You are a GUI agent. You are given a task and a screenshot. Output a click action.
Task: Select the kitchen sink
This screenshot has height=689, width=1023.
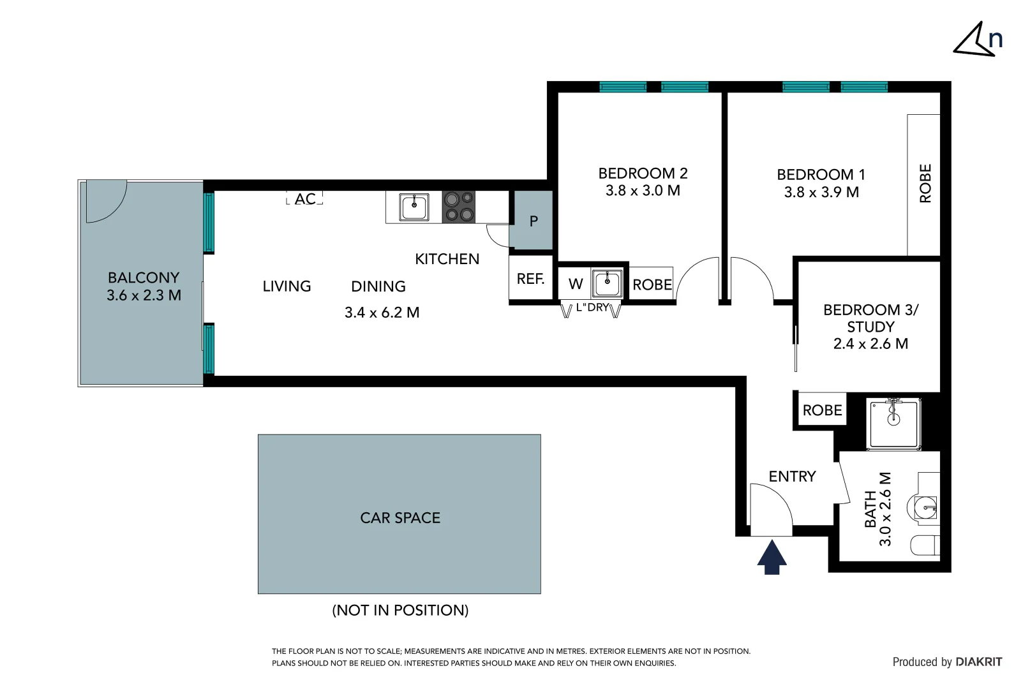point(414,207)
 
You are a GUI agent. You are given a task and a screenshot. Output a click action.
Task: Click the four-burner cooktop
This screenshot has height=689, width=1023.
point(459,207)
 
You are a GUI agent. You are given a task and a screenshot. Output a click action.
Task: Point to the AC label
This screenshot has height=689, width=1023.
point(305,198)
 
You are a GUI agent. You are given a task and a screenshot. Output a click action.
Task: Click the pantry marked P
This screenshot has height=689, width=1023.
point(533,221)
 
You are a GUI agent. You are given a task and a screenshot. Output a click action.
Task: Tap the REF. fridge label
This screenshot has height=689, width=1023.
point(530,279)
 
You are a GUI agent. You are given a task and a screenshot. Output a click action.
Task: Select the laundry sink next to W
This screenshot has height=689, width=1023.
point(607,283)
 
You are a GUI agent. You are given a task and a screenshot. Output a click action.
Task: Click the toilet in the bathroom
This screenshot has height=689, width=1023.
point(926,545)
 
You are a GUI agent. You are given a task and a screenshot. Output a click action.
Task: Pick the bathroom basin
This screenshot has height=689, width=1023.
point(926,508)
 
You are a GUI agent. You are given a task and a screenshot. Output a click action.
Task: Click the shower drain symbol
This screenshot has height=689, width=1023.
point(893,419)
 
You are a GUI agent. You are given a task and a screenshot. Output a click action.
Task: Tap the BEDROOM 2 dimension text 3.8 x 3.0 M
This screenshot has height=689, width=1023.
point(643,190)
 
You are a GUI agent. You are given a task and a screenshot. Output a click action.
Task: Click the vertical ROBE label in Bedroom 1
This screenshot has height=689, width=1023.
point(925,184)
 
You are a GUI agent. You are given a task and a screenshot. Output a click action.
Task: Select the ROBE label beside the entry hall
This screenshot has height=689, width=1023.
point(822,410)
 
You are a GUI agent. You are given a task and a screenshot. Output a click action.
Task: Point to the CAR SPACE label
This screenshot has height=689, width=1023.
point(400,517)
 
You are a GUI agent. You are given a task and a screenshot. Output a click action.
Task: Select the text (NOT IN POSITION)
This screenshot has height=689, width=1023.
point(400,610)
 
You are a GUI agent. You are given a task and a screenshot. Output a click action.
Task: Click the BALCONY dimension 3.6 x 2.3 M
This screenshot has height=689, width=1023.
point(144,295)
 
